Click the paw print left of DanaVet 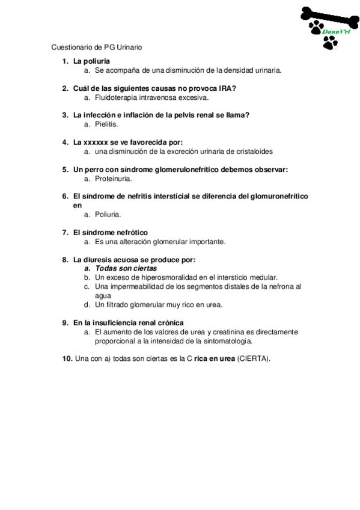click(315, 26)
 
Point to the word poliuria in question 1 click(97, 61)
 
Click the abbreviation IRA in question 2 click(227, 88)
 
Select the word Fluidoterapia click(117, 97)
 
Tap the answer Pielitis click(106, 124)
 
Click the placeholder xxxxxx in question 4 click(95, 143)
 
